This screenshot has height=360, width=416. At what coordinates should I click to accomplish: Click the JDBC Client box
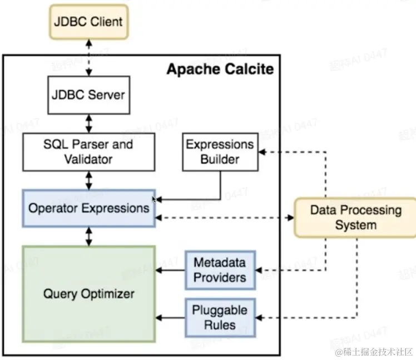[88, 23]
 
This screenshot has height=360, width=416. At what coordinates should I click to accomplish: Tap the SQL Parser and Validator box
[88, 152]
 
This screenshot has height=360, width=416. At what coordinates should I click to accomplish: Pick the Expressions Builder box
[220, 152]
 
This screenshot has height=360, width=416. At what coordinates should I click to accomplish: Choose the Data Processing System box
[355, 218]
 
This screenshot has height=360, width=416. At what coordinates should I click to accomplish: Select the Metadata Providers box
[220, 270]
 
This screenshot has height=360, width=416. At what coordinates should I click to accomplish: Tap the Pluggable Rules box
[220, 318]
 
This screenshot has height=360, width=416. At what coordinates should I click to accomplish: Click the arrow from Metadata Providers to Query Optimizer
[170, 271]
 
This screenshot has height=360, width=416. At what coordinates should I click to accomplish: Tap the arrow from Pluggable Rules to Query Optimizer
[170, 318]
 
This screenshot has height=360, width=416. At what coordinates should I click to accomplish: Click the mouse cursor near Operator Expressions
[155, 199]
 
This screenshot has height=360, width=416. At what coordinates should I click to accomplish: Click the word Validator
[88, 159]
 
